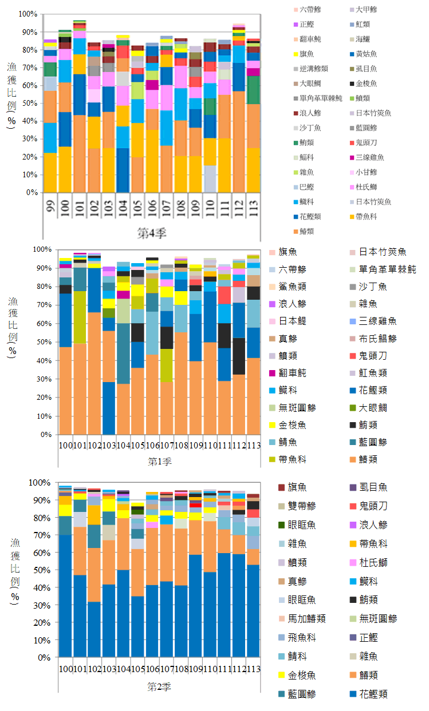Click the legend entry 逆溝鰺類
(x=312, y=69)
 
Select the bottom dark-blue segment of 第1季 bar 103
(x=109, y=408)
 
